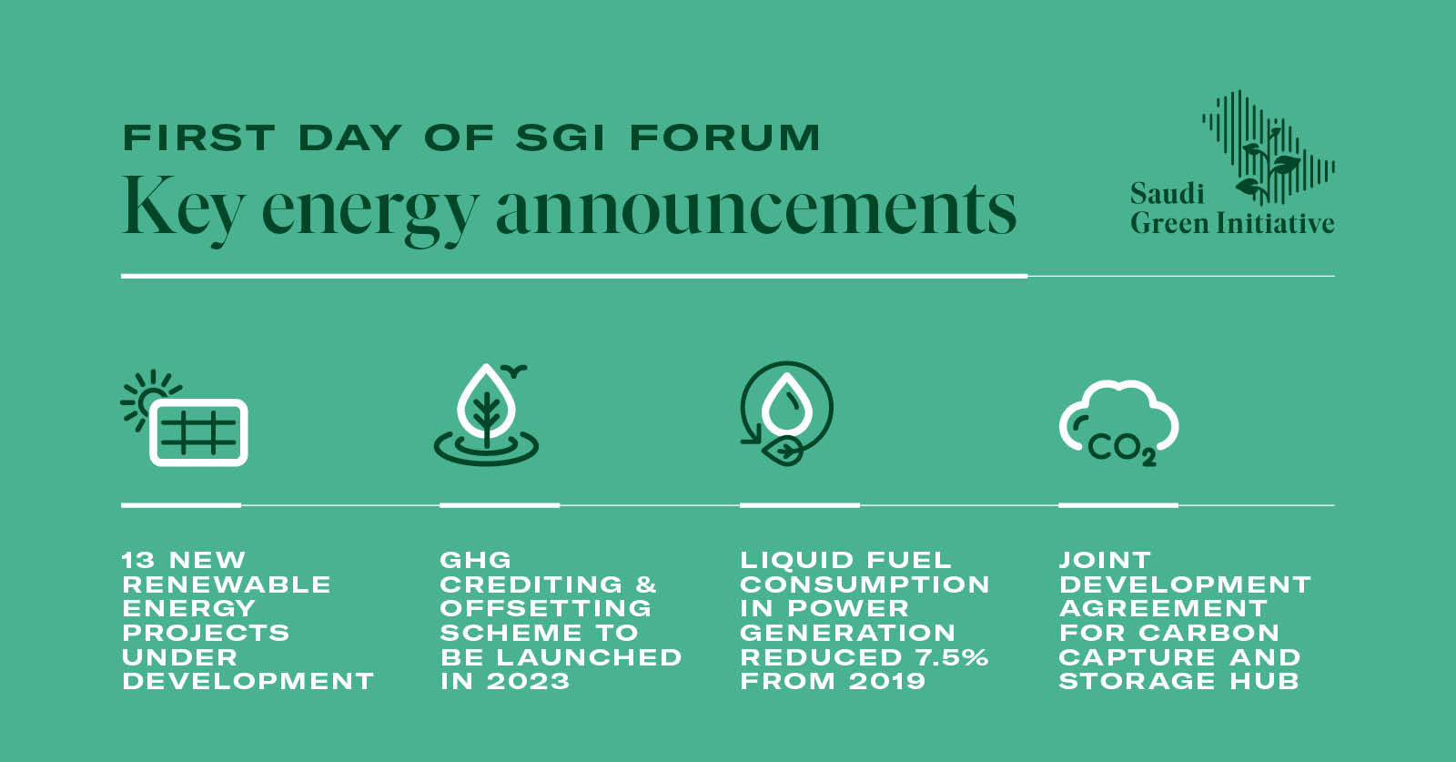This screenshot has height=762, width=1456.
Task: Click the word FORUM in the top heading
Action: coord(724,137)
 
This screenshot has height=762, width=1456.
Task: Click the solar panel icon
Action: coord(199,432)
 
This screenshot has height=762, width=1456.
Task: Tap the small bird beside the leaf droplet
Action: coord(515,371)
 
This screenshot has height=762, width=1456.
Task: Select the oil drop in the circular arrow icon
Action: coord(787,404)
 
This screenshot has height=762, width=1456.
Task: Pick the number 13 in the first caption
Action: coord(138,560)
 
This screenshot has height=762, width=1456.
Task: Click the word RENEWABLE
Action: coord(227,584)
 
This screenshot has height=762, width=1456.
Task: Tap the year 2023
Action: coord(528,681)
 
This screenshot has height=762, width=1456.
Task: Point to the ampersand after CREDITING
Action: coord(646,584)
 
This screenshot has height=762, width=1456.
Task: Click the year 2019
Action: coord(886,681)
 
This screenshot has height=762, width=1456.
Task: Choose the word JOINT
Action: coord(1105,560)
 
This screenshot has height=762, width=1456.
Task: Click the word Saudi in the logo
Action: coord(1168,193)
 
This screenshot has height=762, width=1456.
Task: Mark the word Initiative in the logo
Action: coord(1275,222)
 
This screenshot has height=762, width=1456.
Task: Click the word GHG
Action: coord(476,560)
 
